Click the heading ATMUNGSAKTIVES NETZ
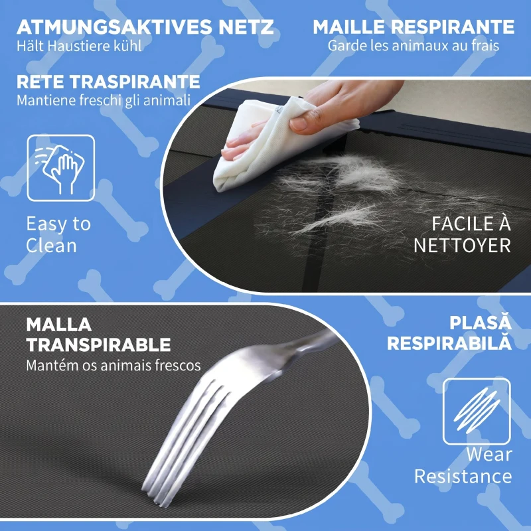pyautogui.click(x=145, y=27)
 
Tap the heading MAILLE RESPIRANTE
pyautogui.click(x=414, y=27)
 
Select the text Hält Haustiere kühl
pyautogui.click(x=79, y=46)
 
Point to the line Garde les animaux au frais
pyautogui.click(x=413, y=46)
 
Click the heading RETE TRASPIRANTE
pyautogui.click(x=108, y=82)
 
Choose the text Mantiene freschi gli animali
pyautogui.click(x=104, y=100)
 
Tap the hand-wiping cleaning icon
pyautogui.click(x=61, y=168)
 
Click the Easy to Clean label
pyautogui.click(x=58, y=234)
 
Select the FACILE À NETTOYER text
pyautogui.click(x=462, y=234)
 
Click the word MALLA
pyautogui.click(x=59, y=325)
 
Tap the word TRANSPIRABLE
pyautogui.click(x=98, y=345)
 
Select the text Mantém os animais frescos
pyautogui.click(x=114, y=366)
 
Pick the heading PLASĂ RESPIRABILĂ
pyautogui.click(x=449, y=333)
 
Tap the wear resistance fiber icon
pyautogui.click(x=477, y=411)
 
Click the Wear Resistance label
pyautogui.click(x=463, y=466)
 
